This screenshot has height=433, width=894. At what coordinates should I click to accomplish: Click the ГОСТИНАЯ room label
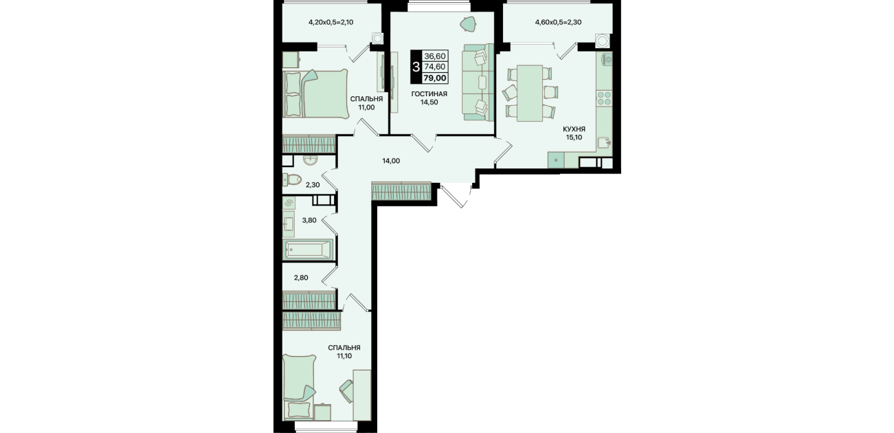[429, 93]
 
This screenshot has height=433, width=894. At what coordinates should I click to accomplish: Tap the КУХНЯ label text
[574, 129]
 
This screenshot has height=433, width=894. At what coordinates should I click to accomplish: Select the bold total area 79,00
[434, 78]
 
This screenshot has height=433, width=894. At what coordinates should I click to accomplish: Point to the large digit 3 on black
[416, 67]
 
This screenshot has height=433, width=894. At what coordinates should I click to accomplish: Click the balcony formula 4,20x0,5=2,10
[331, 23]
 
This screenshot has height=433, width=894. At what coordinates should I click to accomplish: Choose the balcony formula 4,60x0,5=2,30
[558, 23]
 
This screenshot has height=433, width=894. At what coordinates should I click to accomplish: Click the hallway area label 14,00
[391, 161]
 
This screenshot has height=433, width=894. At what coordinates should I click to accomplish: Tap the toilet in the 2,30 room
[291, 179]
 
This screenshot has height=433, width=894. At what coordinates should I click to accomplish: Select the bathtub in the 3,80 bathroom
[307, 249]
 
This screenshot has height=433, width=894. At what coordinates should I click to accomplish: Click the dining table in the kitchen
[530, 93]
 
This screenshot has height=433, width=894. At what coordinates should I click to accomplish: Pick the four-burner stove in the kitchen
[604, 98]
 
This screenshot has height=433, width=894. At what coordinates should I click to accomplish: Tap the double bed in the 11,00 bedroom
[315, 93]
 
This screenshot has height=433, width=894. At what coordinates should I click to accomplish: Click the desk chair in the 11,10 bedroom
[347, 391]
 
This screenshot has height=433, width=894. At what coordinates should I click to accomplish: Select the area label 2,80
[301, 278]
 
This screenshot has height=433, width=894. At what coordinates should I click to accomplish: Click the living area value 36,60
[434, 56]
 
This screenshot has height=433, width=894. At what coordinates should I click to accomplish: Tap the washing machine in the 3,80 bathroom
[289, 203]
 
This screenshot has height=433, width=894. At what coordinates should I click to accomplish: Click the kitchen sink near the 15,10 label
[603, 143]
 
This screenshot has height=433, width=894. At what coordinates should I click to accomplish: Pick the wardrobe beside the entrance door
[401, 191]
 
